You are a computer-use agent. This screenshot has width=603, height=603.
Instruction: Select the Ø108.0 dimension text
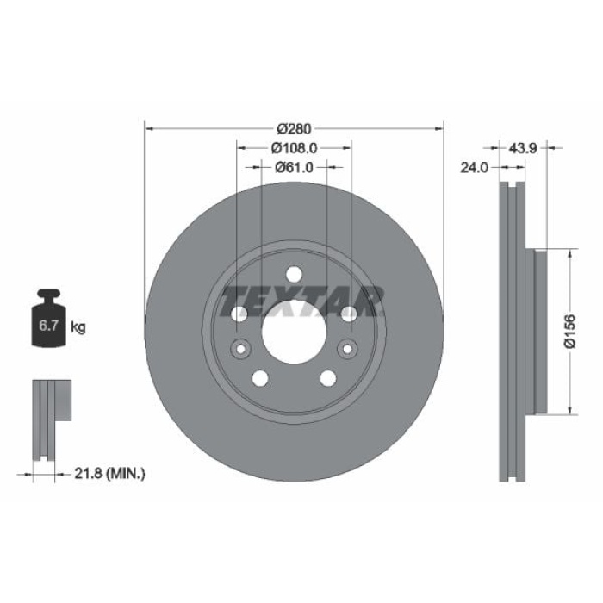[293, 148]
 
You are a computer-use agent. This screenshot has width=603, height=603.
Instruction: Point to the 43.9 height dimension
[523, 148]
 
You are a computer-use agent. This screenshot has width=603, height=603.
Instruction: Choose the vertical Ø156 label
[569, 330]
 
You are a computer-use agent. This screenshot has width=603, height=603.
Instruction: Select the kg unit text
[78, 327]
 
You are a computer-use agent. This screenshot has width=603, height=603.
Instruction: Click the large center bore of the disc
[293, 330]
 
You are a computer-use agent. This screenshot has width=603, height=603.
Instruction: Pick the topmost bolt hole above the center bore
[293, 274]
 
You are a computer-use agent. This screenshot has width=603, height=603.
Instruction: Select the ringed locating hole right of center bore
[347, 349]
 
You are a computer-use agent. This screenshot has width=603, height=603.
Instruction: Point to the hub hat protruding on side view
[539, 331]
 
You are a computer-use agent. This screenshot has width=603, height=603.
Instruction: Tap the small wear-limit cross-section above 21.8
[52, 409]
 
